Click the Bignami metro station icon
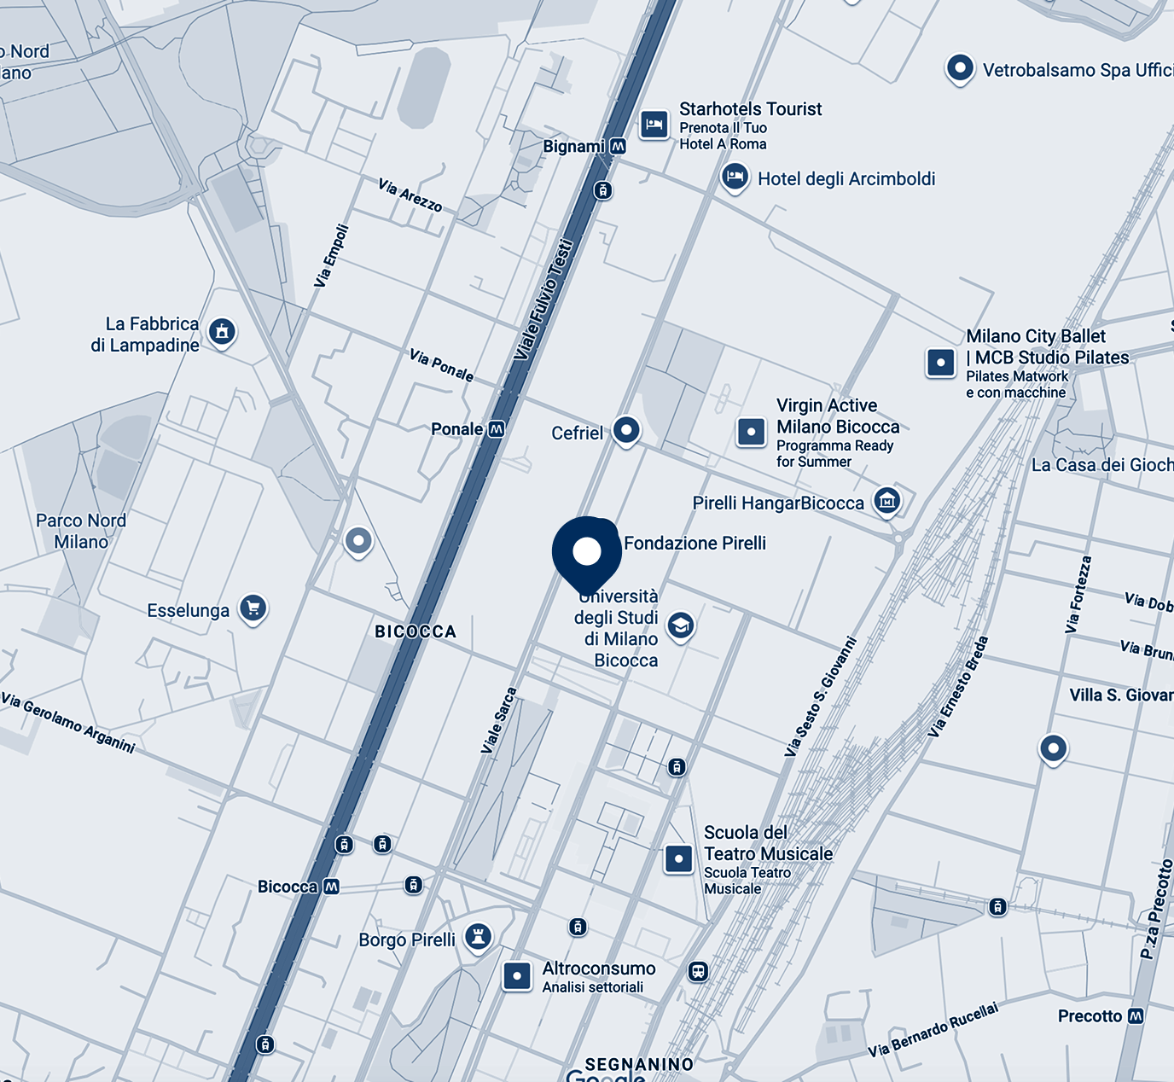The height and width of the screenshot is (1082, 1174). (x=619, y=147)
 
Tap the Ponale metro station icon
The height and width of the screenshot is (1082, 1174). (x=496, y=429)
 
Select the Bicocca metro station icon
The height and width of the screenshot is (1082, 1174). (x=331, y=887)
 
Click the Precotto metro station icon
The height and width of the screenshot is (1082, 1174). (x=1136, y=1016)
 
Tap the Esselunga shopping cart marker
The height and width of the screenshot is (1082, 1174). (x=253, y=608)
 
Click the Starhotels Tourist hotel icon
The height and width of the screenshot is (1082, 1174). (x=654, y=125)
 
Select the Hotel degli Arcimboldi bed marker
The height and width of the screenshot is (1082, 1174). (x=735, y=177)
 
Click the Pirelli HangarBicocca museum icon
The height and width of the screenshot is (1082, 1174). (x=887, y=501)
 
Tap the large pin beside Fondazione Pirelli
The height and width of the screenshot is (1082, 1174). (x=587, y=550)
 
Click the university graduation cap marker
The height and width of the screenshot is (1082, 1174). (x=680, y=626)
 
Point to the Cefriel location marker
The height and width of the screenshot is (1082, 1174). (x=627, y=430)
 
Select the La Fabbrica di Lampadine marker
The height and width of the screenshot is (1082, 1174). (x=222, y=331)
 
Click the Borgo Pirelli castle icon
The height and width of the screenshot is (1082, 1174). (x=479, y=937)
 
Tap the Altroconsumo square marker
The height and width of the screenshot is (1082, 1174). (x=517, y=975)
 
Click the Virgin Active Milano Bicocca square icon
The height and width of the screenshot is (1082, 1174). (x=752, y=432)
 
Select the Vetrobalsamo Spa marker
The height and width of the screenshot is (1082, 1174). (x=960, y=68)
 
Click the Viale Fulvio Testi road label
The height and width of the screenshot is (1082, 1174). (x=543, y=299)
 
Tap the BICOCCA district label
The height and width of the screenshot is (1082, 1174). (x=416, y=631)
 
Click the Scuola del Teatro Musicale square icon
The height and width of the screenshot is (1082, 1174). (x=679, y=858)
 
